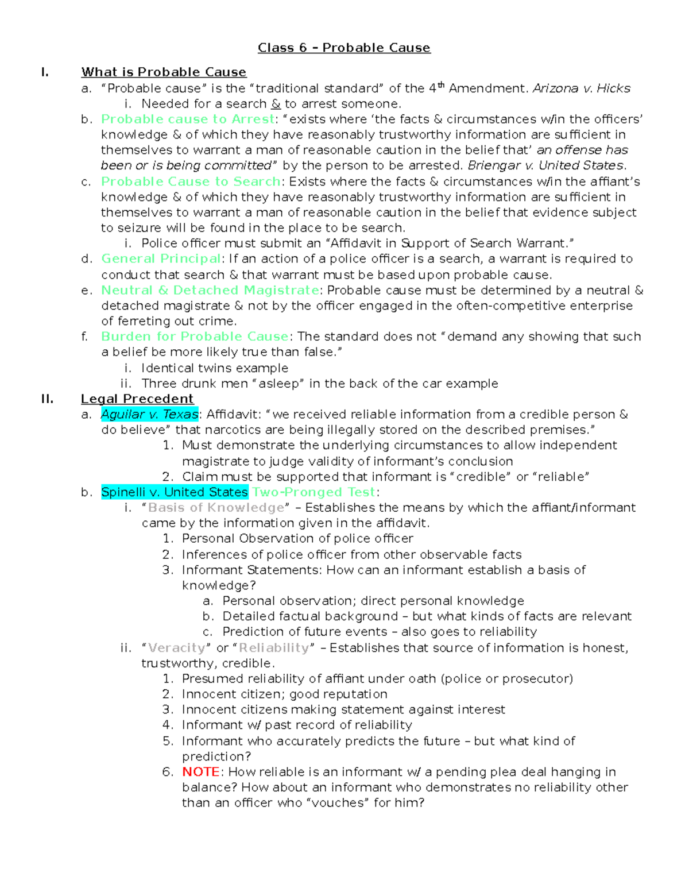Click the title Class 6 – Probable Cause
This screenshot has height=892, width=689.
[343, 48]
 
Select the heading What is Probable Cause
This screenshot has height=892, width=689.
[164, 72]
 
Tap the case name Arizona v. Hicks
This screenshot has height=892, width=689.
[581, 88]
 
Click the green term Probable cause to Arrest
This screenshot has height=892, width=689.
[188, 119]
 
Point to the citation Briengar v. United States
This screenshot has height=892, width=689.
[545, 165]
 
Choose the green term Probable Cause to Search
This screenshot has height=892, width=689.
[191, 182]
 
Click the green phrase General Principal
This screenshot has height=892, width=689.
[161, 259]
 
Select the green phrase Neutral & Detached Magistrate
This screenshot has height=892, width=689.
[210, 290]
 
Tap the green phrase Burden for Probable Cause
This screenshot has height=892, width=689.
[195, 337]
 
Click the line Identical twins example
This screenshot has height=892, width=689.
[215, 368]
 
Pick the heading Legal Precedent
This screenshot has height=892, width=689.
[137, 399]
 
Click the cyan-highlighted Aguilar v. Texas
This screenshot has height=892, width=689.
[149, 415]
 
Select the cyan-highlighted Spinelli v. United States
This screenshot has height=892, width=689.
[175, 492]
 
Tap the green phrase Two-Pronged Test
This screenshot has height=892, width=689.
[313, 492]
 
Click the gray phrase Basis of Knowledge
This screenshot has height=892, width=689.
[216, 508]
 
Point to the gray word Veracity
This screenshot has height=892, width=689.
[176, 648]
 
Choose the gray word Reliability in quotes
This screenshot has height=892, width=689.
[274, 648]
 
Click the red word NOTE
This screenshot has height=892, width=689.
[200, 772]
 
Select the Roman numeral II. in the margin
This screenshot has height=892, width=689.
[47, 399]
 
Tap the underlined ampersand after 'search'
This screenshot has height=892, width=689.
[276, 104]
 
